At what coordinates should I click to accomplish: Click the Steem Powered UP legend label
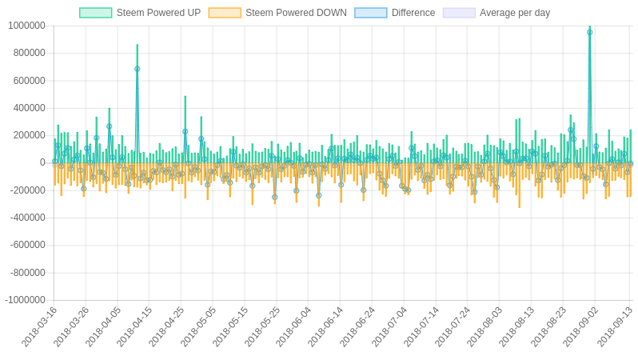tap(158, 13)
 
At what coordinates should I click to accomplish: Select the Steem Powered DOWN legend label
tap(296, 13)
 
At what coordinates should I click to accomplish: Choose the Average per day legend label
tap(515, 13)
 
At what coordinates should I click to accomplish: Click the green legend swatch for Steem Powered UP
tap(95, 13)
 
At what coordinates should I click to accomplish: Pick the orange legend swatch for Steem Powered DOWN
tap(225, 13)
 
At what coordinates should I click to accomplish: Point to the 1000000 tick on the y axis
tap(26, 26)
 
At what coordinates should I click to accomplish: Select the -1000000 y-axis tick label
tap(25, 300)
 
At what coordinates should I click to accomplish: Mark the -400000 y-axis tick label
tap(27, 218)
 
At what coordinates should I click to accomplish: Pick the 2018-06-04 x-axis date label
tap(294, 326)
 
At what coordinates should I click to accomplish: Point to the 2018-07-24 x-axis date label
tap(453, 326)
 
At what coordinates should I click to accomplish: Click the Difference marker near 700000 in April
tap(138, 69)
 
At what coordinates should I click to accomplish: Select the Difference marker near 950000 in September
tap(590, 32)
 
